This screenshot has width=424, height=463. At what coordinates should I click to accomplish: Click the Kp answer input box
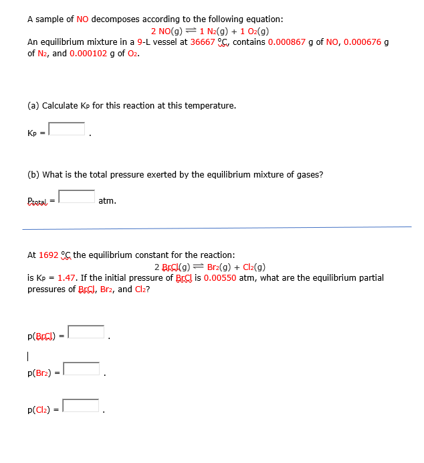[x=67, y=129]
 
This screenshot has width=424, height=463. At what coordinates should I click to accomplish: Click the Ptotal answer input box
[x=77, y=196]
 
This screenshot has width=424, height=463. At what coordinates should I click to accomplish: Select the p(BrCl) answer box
[x=86, y=332]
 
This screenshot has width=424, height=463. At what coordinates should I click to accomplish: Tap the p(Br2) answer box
[x=82, y=369]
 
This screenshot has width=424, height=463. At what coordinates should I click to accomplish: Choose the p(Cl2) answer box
[x=82, y=405]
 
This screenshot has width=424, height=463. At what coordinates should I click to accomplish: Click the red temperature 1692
[x=48, y=255]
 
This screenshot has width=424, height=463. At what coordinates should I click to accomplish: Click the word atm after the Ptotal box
[x=107, y=200]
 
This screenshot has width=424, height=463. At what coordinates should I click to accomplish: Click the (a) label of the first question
[x=33, y=106]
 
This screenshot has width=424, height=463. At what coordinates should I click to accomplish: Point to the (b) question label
[x=33, y=175]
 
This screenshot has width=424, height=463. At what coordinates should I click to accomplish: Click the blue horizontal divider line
[x=217, y=228]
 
